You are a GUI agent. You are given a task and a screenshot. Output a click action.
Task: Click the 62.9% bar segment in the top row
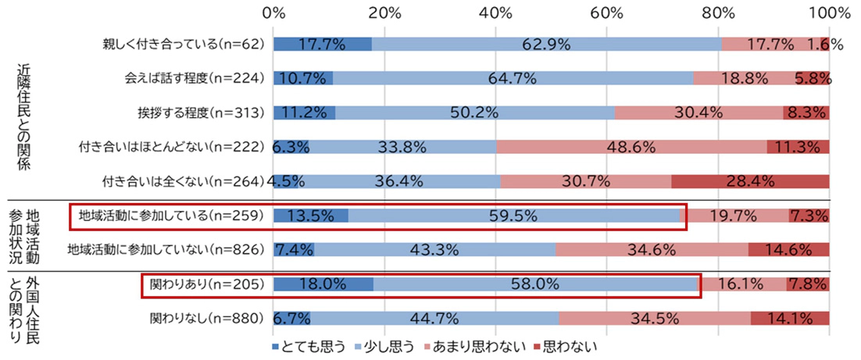pyautogui.click(x=546, y=45)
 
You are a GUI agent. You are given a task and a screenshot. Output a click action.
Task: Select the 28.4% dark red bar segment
pyautogui.click(x=750, y=181)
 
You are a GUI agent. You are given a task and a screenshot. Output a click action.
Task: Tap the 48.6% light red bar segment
pyautogui.click(x=631, y=147)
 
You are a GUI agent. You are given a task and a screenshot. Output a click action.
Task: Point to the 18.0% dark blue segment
pyautogui.click(x=323, y=285)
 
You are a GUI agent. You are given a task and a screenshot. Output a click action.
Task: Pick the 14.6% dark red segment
pyautogui.click(x=788, y=250)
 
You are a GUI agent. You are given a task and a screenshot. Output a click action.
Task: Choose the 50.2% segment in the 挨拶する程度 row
pyautogui.click(x=475, y=112)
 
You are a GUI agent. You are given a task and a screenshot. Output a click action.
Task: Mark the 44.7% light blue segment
pyautogui.click(x=434, y=319)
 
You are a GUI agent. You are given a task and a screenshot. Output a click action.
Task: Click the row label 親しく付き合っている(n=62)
pyautogui.click(x=185, y=45)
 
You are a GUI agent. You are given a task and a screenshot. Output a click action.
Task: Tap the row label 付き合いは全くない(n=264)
pyautogui.click(x=185, y=181)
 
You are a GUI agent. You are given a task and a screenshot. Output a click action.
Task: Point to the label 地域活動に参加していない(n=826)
pyautogui.click(x=170, y=250)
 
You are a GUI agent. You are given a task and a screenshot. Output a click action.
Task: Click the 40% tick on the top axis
pyautogui.click(x=496, y=13)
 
